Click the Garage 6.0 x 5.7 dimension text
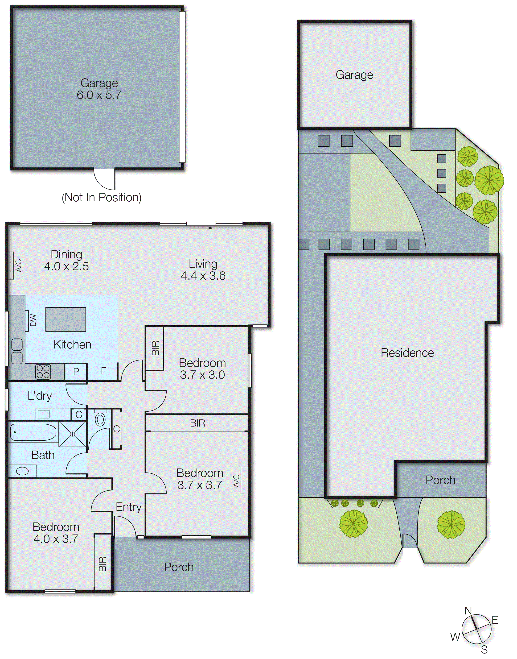[x=99, y=95]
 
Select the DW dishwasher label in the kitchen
[x=33, y=320]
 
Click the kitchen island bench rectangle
[x=66, y=319]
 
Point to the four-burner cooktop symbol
[x=43, y=372]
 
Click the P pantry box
[x=76, y=371]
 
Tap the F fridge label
[x=103, y=371]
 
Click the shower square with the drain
[x=73, y=434]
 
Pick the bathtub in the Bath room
[x=33, y=432]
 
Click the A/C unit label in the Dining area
[x=18, y=265]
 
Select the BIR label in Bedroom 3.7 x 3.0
[x=155, y=348]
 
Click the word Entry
[x=129, y=507]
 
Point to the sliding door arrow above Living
[x=201, y=228]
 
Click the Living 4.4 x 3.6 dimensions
[x=203, y=276]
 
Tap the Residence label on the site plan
[x=407, y=352]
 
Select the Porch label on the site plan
[x=440, y=480]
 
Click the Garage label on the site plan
[x=354, y=75]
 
